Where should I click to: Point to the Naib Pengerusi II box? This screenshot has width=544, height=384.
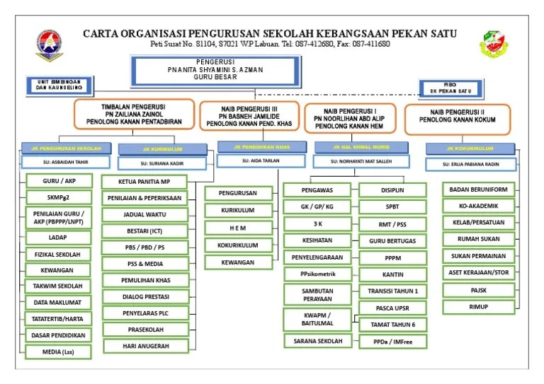pos(458,120)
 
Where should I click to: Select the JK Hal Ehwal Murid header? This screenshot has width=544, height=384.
pos(361,147)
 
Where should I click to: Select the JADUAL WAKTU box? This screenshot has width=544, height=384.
pos(144,215)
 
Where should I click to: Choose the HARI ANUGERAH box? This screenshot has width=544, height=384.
pos(144,346)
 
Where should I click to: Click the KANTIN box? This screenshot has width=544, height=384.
pos(392,274)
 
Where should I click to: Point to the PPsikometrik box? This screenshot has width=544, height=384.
pos(317,274)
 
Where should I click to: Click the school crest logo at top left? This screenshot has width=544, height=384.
pos(48,45)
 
